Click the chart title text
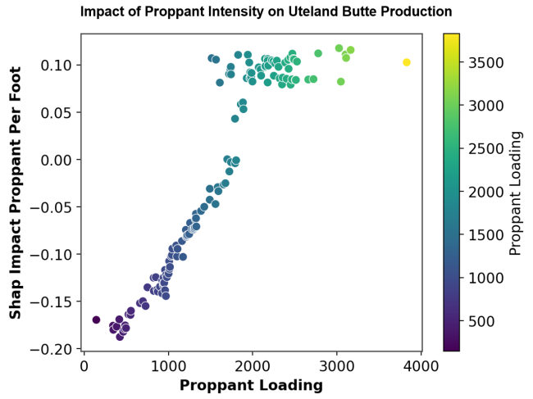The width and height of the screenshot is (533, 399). point(266,12)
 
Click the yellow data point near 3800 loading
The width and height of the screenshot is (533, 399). point(407,62)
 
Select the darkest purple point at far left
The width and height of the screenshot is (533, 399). point(96,320)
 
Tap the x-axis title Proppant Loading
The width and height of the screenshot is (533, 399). point(251,385)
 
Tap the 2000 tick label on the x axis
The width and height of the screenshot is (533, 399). point(253,365)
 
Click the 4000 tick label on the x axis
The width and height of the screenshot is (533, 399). point(421,365)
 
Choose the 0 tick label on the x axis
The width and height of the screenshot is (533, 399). point(84,365)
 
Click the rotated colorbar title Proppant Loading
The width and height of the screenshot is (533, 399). point(516,193)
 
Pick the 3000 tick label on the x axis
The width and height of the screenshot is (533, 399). point(336,365)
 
